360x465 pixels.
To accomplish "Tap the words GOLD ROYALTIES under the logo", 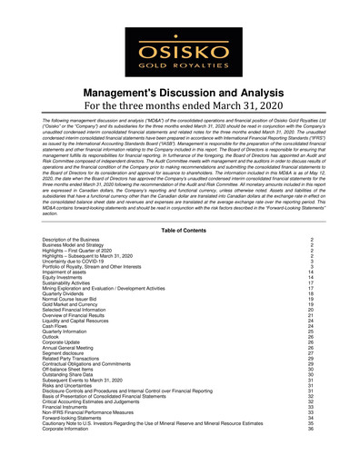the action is (x=179, y=65).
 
